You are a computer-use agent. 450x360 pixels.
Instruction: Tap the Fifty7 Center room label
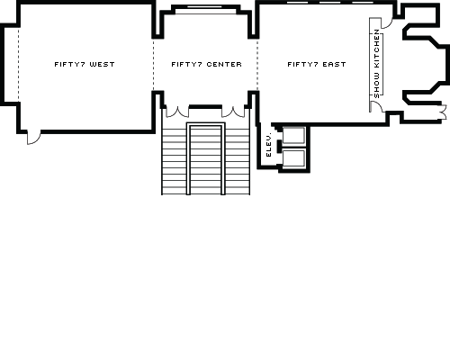click(x=206, y=64)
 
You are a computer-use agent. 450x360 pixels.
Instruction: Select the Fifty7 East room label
click(x=316, y=64)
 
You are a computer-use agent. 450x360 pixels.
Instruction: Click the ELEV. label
click(x=269, y=145)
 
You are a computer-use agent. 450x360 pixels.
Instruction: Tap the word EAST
click(x=335, y=64)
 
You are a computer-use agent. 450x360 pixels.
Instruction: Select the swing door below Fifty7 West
click(x=33, y=136)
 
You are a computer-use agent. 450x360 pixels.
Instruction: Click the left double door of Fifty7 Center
click(x=175, y=112)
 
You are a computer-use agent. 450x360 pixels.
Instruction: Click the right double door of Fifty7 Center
click(x=236, y=112)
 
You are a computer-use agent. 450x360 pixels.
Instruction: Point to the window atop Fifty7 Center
click(x=205, y=9)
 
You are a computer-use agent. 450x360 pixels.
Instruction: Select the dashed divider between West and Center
click(x=154, y=64)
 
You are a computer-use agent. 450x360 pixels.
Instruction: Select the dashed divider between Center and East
click(x=258, y=64)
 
